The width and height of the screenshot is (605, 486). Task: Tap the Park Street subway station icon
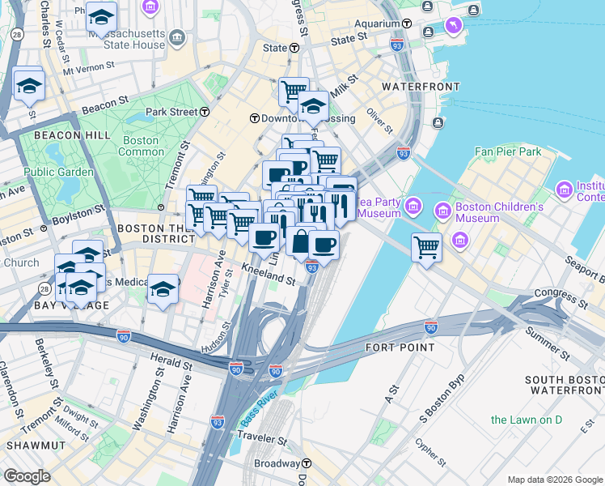point(206,112)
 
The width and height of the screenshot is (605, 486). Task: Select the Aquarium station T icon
point(406,25)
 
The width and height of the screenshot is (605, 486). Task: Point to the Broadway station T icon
point(307,463)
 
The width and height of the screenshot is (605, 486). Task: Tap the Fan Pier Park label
point(507,151)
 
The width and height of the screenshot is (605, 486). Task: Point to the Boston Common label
point(141,146)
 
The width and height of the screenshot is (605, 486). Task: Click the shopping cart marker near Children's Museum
point(426,248)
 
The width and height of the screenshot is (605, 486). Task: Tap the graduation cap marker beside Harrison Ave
point(163,289)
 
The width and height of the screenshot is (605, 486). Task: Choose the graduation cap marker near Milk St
point(313,106)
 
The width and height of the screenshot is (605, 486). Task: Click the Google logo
point(27,476)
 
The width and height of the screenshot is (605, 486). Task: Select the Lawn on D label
point(526,420)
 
